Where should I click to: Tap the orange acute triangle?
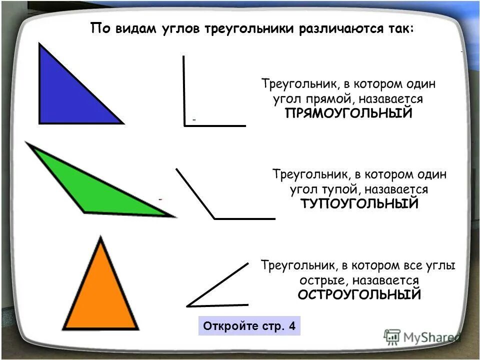point(101,295)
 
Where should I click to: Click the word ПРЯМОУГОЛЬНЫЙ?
point(348,113)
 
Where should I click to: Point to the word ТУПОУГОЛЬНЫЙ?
point(359,204)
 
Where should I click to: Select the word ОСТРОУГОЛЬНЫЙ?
point(359,294)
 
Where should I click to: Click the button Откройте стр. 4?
point(249,326)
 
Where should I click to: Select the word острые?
point(320,280)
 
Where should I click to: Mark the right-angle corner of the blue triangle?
point(40,122)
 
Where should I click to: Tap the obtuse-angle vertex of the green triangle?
point(84,211)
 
